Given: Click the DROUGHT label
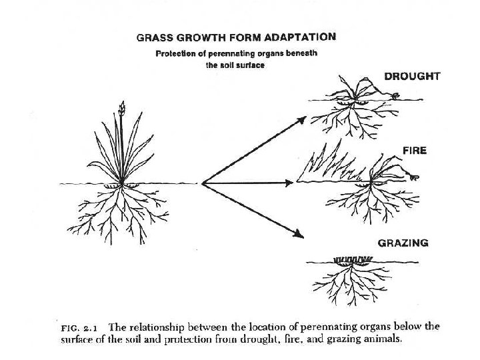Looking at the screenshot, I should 412,77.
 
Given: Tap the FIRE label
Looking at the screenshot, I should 414,151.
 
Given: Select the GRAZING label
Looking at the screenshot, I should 403,243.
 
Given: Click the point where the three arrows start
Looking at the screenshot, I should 202,183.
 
